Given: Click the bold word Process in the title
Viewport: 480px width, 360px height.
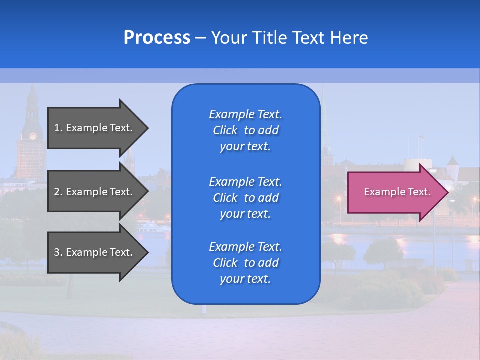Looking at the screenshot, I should coord(157,38).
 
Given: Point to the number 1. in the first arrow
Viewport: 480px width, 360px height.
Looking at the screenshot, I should coord(58,128).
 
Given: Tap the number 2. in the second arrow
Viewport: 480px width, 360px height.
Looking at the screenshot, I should coord(58,192).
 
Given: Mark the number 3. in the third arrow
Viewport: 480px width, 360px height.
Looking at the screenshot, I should coord(58,252).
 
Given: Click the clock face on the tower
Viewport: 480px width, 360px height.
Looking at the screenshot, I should coord(33,136).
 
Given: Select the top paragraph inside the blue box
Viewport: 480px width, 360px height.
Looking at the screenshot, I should coord(245,130).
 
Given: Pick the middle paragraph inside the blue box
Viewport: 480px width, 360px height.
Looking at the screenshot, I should coord(245,198).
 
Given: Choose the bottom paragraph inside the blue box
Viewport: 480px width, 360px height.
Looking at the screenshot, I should coord(245,263).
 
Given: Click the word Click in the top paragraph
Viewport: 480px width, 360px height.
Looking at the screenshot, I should coord(225,130).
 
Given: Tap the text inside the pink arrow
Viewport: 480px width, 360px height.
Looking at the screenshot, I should coord(397,192).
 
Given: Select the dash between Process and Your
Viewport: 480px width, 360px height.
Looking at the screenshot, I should coord(200,38).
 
